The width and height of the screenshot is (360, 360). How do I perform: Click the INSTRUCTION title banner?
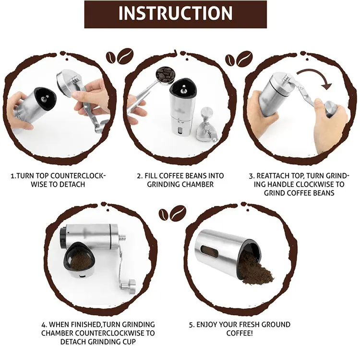click(175, 14)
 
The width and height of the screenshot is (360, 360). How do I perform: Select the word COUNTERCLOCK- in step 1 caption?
click(78, 176)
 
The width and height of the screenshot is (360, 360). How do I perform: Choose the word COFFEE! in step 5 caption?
click(240, 333)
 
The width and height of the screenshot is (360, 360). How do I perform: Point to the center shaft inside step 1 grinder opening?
click(43, 99)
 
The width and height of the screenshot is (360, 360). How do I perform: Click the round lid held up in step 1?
click(67, 82)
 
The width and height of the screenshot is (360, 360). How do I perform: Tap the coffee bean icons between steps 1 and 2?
click(120, 56)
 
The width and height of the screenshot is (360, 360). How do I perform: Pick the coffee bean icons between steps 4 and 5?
click(172, 213)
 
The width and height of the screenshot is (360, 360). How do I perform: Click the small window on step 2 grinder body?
click(180, 131)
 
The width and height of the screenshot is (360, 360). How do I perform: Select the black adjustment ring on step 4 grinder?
click(62, 238)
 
